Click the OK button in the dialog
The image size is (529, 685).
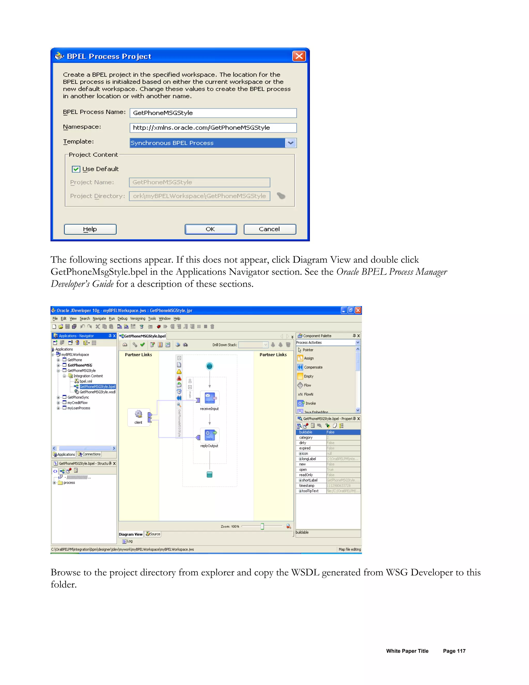point(211,229)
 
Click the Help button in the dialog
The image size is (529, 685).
point(90,229)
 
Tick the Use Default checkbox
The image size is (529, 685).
point(76,169)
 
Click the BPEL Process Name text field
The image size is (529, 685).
point(213,113)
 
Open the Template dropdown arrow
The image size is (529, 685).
point(291,143)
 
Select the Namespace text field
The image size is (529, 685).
point(213,128)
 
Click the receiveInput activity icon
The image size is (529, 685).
point(210,398)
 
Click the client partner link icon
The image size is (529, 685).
point(138,415)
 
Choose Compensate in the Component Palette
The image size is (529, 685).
point(313,367)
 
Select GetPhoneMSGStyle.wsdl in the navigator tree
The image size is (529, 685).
point(97,392)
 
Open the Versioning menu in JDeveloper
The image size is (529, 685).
point(138,318)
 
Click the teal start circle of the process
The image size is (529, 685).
point(210,366)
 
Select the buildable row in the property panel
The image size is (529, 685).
point(328,432)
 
